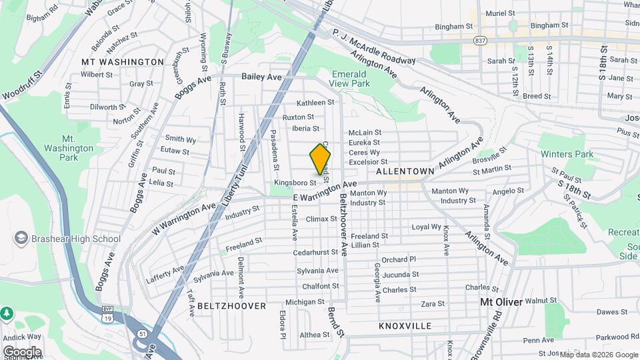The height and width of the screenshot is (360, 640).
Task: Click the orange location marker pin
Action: click(320, 161)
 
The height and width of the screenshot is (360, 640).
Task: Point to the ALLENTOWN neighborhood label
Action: click(405, 171)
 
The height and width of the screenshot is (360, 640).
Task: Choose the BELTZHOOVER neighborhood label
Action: click(231, 306)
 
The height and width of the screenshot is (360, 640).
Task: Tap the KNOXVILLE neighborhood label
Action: click(405, 326)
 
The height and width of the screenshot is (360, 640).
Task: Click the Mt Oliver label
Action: click(501, 302)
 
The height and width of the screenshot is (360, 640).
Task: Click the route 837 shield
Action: click(479, 41)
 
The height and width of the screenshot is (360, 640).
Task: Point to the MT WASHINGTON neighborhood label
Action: click(122, 62)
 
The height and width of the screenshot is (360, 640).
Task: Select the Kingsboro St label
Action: click(294, 182)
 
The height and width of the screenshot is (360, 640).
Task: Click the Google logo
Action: click(22, 352)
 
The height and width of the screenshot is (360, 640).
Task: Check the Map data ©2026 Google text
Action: click(598, 355)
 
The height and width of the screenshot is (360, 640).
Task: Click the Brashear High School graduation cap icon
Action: click(21, 238)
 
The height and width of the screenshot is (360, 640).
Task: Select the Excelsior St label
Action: click(368, 162)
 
